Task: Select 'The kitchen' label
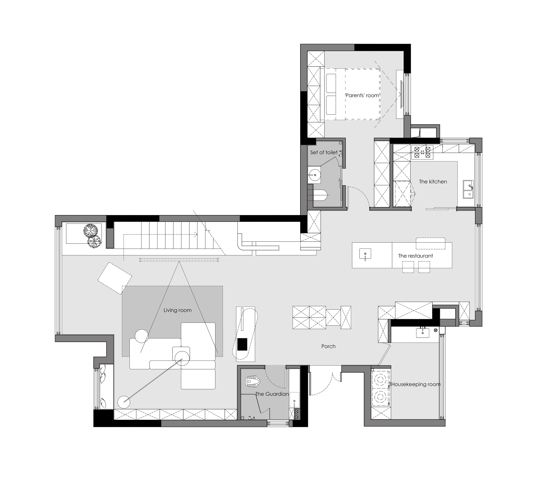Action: (433, 182)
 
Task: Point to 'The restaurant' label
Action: (416, 256)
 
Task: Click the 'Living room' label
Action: (177, 310)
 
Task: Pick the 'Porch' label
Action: (328, 346)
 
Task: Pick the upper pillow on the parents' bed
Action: (331, 83)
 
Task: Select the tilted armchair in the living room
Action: (115, 278)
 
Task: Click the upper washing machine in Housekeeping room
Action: (380, 380)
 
